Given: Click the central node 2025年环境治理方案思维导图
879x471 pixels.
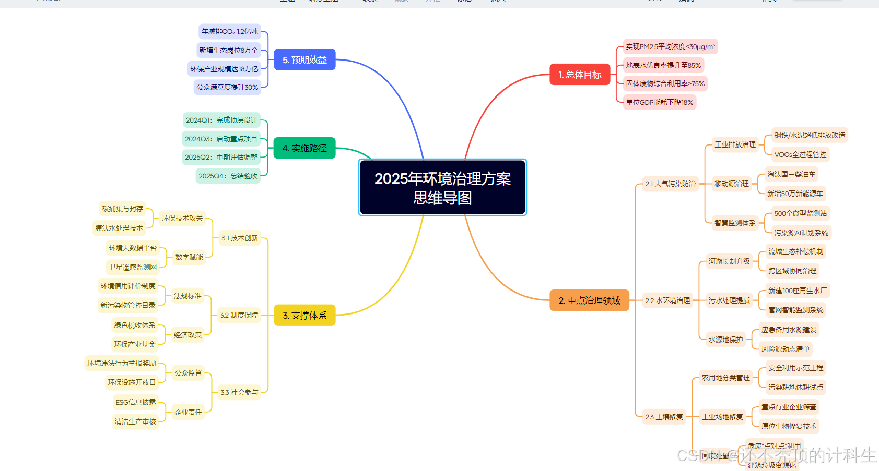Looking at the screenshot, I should point(442,188).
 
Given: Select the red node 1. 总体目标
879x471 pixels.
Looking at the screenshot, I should point(580,75).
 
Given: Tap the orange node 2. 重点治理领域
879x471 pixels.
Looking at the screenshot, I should point(589,300).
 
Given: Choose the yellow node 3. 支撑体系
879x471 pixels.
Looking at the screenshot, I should point(304,316).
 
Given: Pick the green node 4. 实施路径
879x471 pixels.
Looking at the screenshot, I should point(304,148).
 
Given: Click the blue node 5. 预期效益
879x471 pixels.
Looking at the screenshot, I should point(304,60).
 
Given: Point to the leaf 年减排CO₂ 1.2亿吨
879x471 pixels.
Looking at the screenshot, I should point(230,32).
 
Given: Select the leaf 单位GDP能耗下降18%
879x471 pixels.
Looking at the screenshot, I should point(660,102).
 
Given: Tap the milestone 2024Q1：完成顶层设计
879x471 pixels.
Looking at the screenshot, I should point(221,120).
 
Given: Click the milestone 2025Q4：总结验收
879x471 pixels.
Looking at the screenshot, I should point(228,176).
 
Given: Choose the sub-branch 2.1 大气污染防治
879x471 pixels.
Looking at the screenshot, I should point(670,184).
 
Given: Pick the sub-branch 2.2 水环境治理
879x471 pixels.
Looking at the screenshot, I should point(667,300).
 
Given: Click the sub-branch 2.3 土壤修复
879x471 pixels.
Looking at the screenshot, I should point(664,417).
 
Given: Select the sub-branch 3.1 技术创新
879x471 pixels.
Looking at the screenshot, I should point(240,238).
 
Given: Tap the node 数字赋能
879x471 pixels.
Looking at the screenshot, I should point(189,257).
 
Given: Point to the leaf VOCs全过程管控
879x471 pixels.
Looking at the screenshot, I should point(800,154).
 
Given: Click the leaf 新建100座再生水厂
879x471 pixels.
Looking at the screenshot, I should point(797,291).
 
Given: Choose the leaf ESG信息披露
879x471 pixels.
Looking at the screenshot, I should point(136,402).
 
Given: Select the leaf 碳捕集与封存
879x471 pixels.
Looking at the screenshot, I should point(123,209).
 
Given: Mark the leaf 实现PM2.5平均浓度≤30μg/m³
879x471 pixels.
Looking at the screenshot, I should point(670,46).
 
